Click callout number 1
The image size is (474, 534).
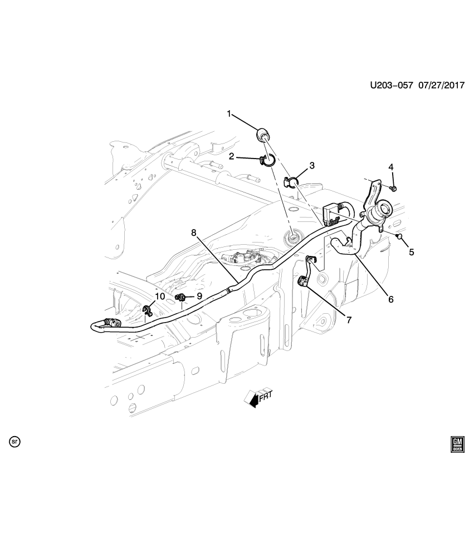coord(228,114)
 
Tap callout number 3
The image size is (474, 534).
coord(312,165)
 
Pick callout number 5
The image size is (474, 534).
coord(411,252)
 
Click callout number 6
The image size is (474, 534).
coord(390,299)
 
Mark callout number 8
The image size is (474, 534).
coord(194,233)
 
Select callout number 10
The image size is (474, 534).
coord(160,296)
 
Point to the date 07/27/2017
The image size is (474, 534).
coord(442,86)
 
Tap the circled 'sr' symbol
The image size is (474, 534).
coord(15,442)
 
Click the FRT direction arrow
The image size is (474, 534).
coord(258,396)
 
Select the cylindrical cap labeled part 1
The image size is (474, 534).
coord(262,135)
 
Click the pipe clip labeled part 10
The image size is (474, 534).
coord(148,309)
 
